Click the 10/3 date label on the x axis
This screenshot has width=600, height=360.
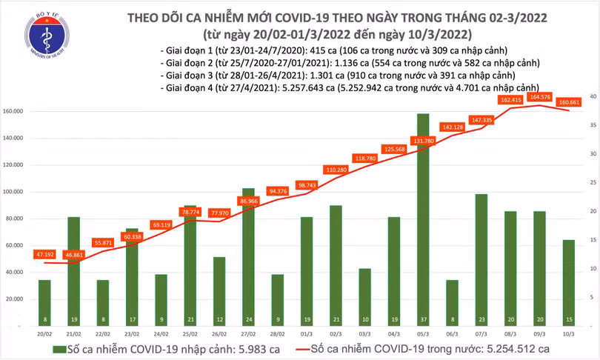click(x=566, y=334)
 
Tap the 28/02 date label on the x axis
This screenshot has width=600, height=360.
click(x=276, y=334)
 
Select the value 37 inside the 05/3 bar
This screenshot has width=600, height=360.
click(x=423, y=319)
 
